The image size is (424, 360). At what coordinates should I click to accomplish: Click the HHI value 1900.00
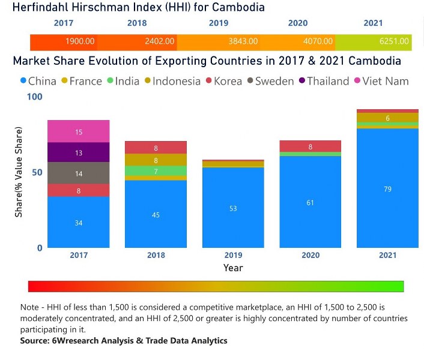[x=80, y=41]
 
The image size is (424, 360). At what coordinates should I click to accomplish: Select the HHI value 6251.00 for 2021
[x=395, y=41]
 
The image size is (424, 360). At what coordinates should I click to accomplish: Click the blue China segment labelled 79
[x=387, y=188]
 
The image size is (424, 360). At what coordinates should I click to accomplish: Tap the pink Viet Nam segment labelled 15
[x=79, y=131]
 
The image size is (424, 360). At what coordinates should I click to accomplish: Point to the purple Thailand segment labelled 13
[x=79, y=152]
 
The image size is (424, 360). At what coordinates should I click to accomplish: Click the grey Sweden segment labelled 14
[x=79, y=173]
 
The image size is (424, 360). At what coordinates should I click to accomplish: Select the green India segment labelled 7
[x=156, y=171]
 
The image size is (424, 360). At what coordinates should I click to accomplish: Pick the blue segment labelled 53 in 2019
[x=233, y=208]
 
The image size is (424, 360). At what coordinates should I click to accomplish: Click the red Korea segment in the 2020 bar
[x=310, y=146]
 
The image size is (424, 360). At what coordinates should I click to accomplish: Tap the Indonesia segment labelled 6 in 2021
[x=387, y=118]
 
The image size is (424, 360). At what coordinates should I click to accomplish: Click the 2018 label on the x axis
[x=156, y=255]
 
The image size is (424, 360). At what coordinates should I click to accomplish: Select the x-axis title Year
[x=233, y=268]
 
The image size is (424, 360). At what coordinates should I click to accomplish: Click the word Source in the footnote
[x=35, y=340]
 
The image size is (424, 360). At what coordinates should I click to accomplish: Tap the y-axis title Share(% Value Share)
[x=19, y=172]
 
